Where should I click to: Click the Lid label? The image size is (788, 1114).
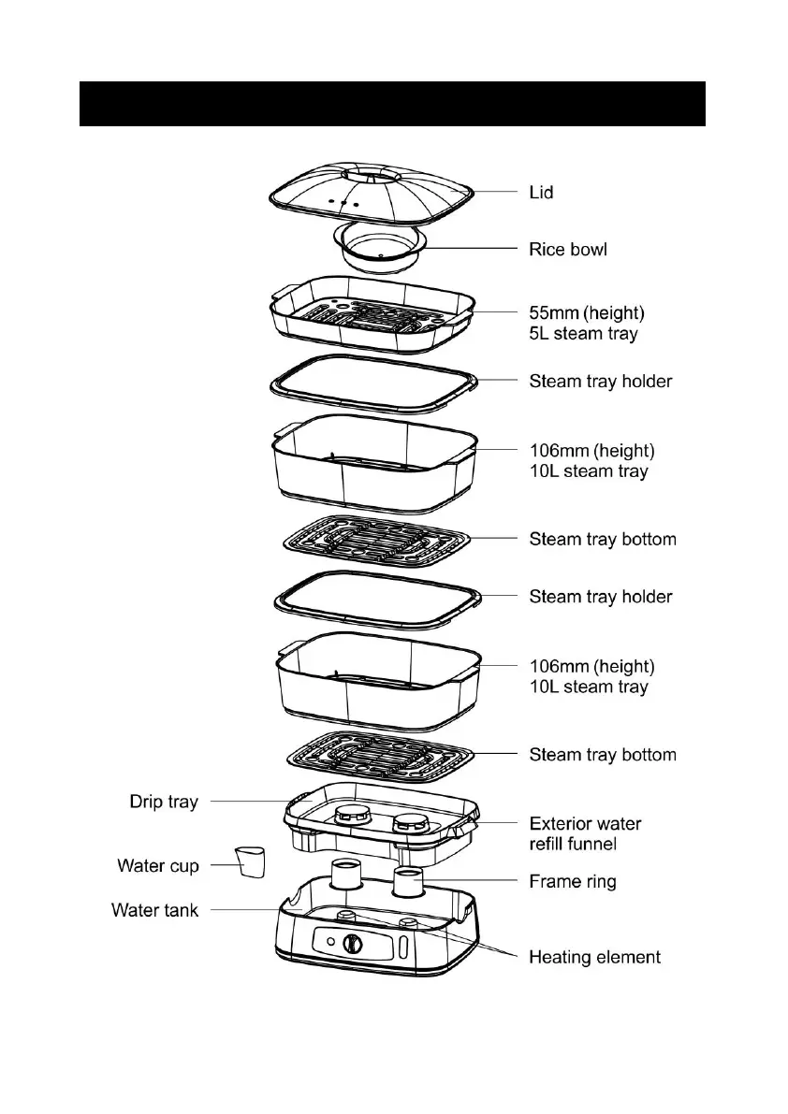click(541, 193)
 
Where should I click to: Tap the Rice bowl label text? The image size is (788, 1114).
click(568, 250)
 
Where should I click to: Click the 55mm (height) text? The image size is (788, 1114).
click(591, 314)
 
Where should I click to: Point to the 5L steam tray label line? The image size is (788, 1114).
click(583, 334)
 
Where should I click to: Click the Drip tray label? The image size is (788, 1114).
click(164, 803)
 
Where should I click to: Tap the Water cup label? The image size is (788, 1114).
click(158, 866)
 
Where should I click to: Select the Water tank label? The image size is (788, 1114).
click(155, 910)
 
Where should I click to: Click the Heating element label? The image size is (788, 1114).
click(594, 958)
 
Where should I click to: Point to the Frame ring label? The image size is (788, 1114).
click(573, 881)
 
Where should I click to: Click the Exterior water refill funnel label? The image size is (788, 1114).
click(585, 834)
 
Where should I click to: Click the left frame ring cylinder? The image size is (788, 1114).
click(347, 875)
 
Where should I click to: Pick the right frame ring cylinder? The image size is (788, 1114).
click(409, 883)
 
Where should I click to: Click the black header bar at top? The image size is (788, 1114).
click(392, 103)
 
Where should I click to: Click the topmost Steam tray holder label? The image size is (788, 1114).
click(600, 382)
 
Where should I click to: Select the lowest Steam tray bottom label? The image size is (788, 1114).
click(603, 755)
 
